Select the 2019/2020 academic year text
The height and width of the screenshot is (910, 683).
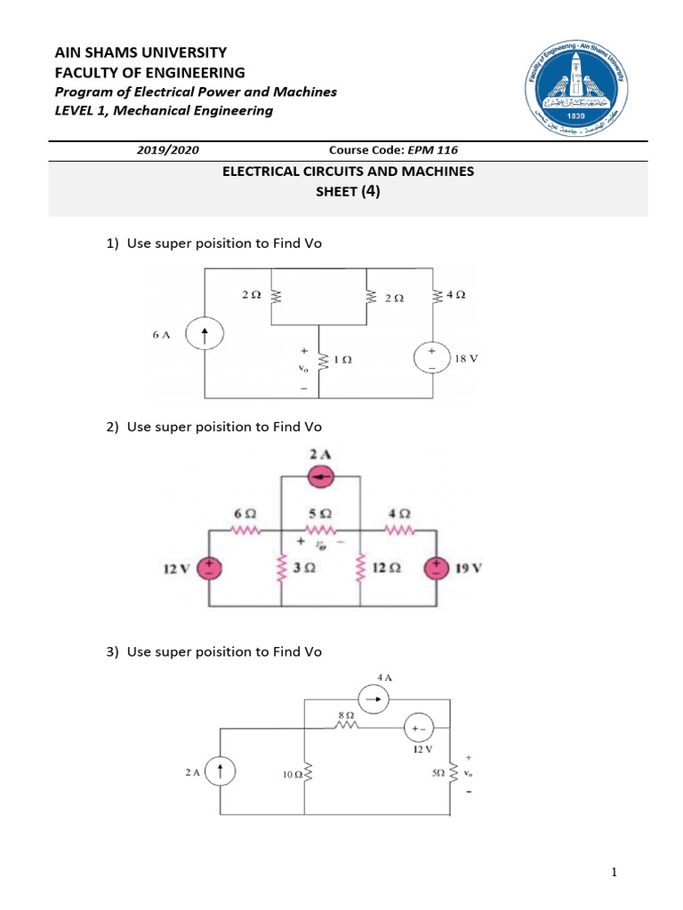pos(162,150)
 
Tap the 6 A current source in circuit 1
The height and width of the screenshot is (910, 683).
pos(205,335)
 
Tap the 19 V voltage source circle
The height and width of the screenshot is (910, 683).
pos(437,568)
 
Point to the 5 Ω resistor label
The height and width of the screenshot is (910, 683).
pos(320,514)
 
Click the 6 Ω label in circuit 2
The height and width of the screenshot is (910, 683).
pos(245,514)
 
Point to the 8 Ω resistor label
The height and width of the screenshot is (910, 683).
pos(347,714)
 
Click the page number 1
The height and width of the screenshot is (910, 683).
pos(614,874)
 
